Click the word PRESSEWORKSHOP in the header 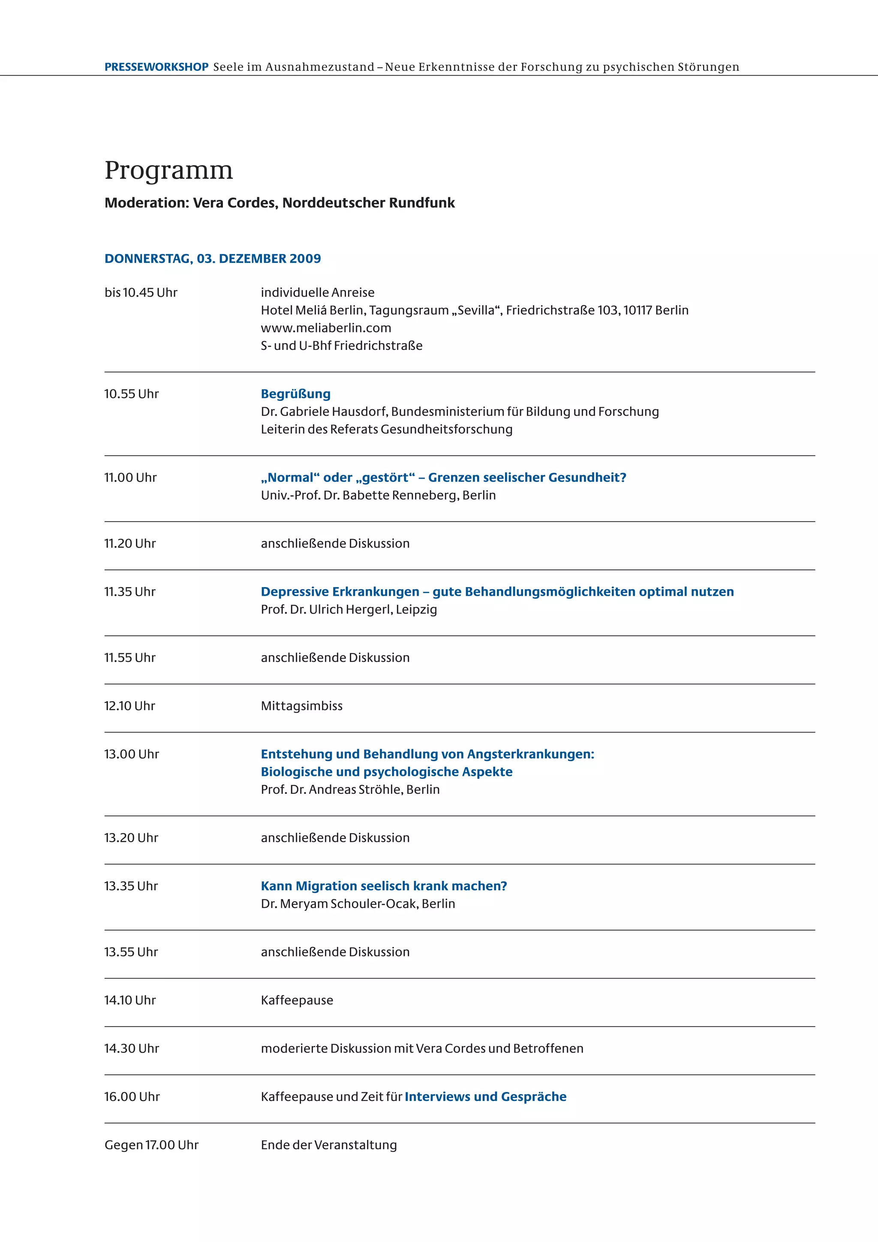tap(156, 67)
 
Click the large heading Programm tap(168, 170)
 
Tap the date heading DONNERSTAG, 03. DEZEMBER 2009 tap(213, 259)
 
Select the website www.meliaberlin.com tap(326, 328)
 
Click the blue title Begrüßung tap(296, 394)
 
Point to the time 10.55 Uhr tap(131, 394)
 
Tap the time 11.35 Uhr tap(130, 592)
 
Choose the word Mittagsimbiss tap(302, 706)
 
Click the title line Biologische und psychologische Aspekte tap(387, 772)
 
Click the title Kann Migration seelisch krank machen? tap(384, 886)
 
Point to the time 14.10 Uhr tap(130, 1000)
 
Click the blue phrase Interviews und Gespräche tap(485, 1097)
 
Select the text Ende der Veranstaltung tap(329, 1145)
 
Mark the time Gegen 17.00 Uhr tap(151, 1145)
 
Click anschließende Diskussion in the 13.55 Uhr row tap(335, 952)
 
